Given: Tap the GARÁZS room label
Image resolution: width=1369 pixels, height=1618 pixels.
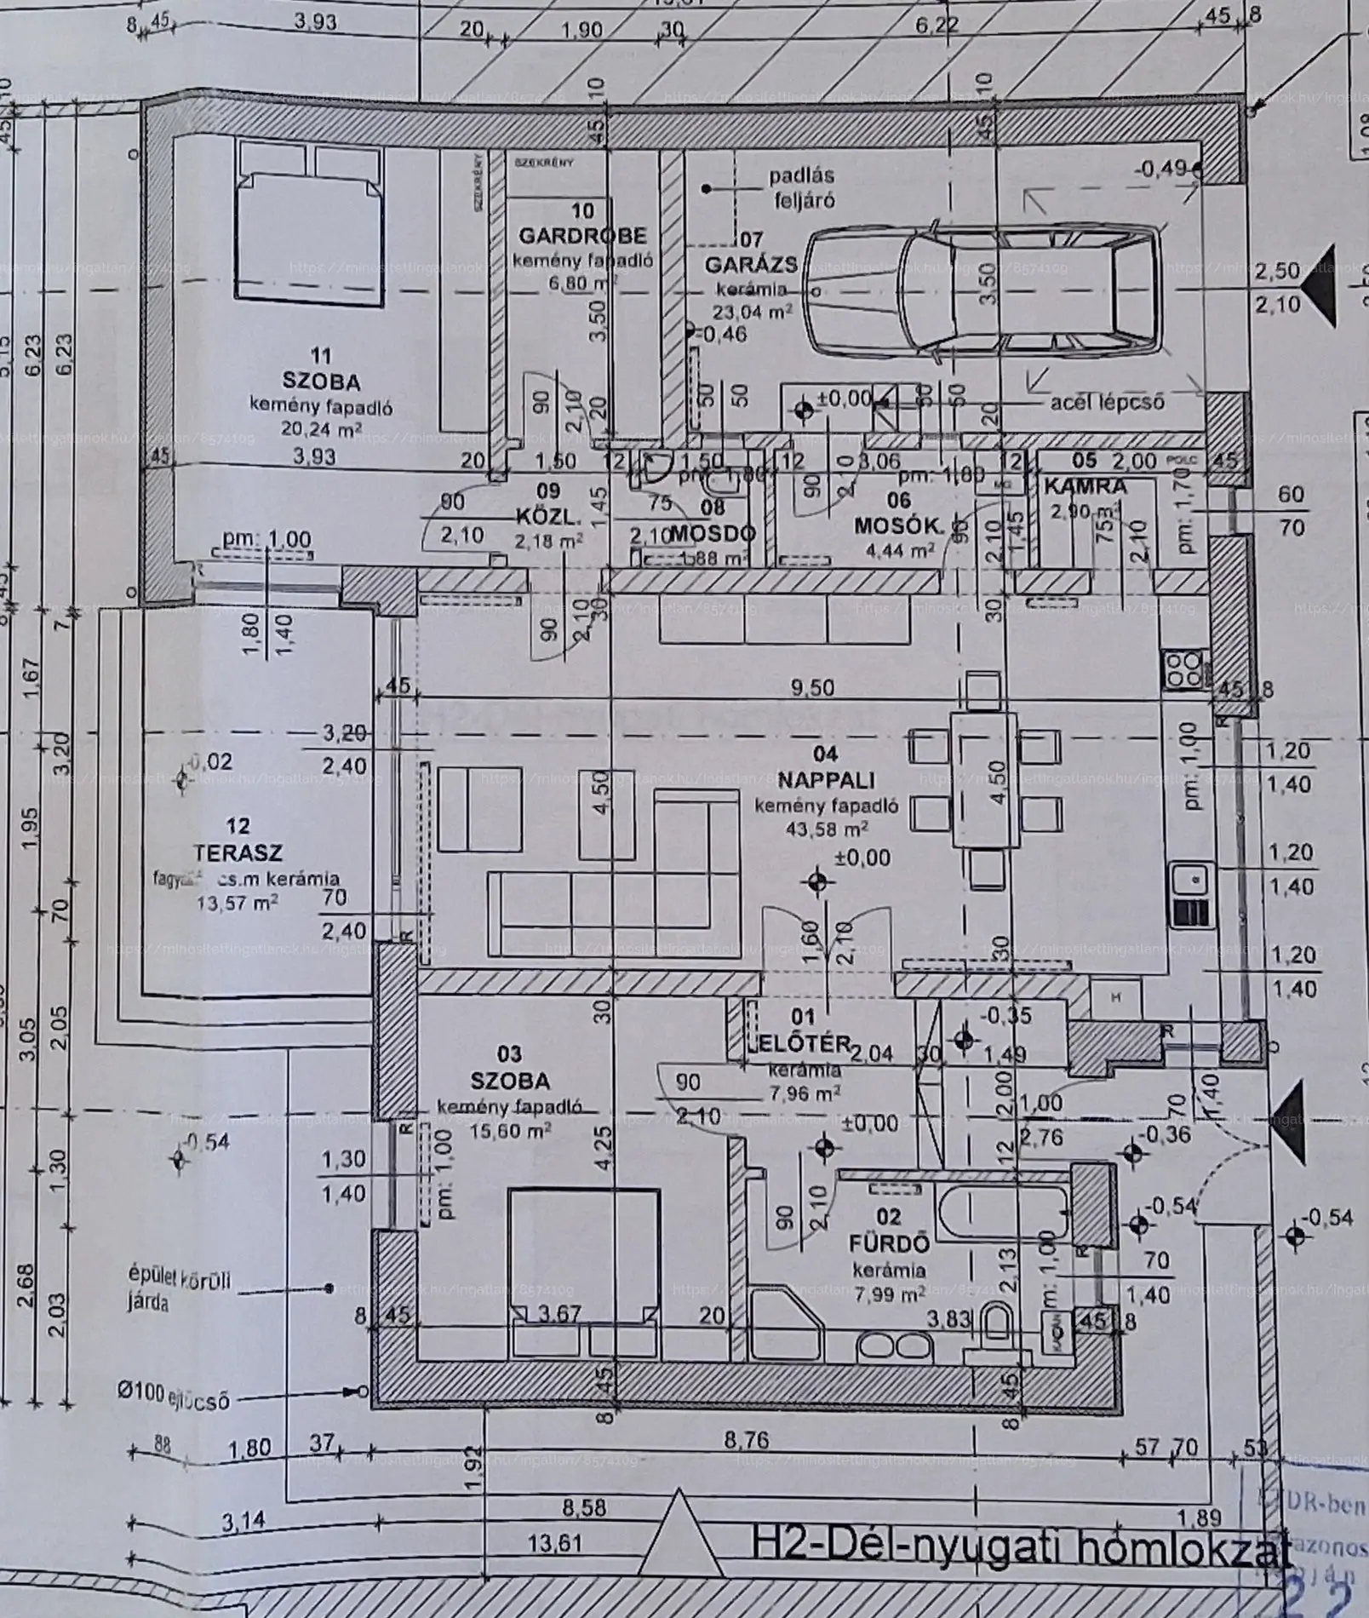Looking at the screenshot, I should tap(750, 265).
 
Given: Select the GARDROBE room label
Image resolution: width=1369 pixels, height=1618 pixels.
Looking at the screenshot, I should tap(583, 235).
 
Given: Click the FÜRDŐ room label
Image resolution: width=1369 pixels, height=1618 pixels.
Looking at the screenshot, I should tap(877, 1244).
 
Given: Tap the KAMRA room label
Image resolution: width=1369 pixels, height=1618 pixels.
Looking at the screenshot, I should tap(1085, 487).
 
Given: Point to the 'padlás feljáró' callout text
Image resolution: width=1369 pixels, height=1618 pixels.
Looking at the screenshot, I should tap(802, 187).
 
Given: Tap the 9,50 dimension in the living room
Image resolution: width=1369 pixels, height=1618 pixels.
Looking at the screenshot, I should tap(812, 688).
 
